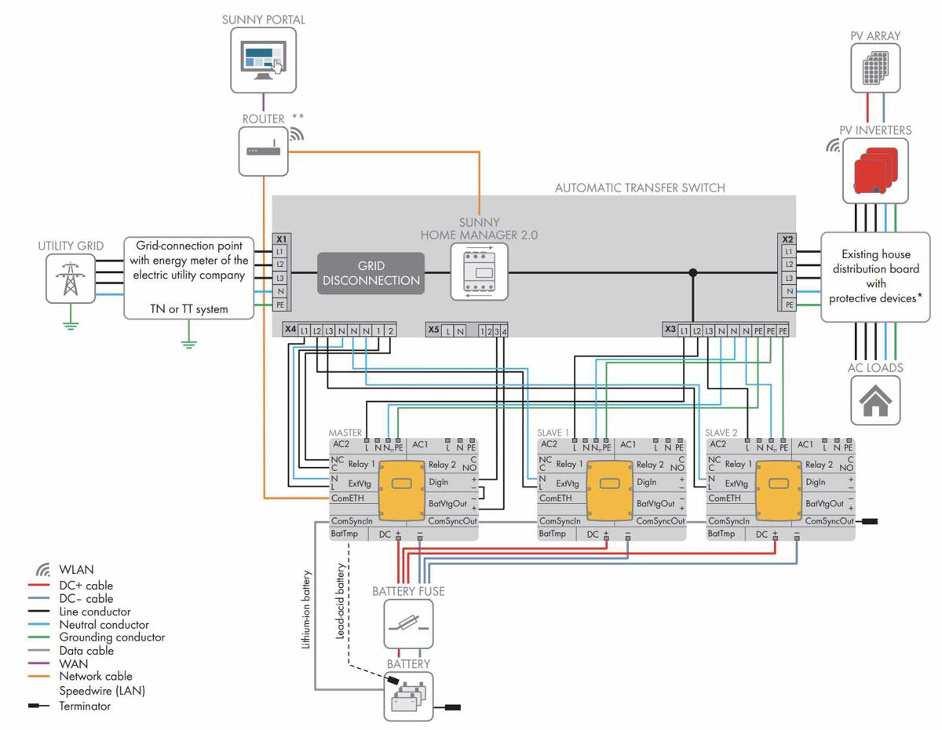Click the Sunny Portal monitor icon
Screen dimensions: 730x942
coord(263,60)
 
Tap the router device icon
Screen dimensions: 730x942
coord(263,151)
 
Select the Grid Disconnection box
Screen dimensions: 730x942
coord(371,273)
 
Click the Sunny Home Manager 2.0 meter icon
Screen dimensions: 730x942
coord(479,272)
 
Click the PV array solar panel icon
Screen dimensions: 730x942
coord(875,68)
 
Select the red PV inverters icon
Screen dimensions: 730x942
coord(874,172)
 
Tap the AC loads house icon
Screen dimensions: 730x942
coord(875,401)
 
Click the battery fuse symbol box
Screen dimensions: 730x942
coord(408,625)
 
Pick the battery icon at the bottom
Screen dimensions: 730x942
coord(408,696)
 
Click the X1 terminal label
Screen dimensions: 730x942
coord(280,239)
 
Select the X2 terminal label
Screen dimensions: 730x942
coord(788,239)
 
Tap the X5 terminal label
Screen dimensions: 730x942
coord(433,330)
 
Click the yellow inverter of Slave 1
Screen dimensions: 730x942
coord(611,491)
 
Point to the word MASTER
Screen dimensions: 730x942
coord(345,433)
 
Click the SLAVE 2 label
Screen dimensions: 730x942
coord(721,433)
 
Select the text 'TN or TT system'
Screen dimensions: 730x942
coord(189,309)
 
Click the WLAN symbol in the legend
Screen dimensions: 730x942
coord(43,570)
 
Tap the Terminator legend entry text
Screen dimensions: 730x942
coord(85,706)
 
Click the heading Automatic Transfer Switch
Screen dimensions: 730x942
coord(640,188)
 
